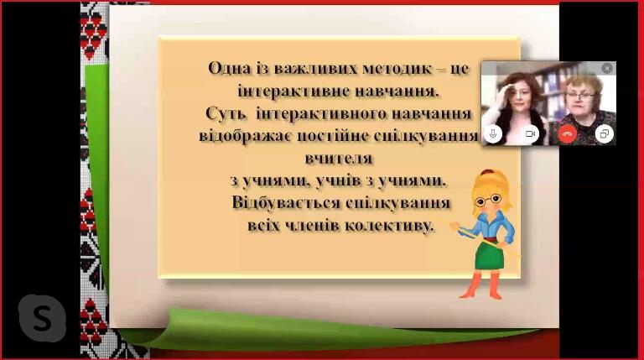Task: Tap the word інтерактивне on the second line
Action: pyautogui.click(x=293, y=91)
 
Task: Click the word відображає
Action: pyautogui.click(x=246, y=136)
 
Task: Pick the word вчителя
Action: pyautogui.click(x=339, y=159)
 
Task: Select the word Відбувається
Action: pyautogui.click(x=286, y=202)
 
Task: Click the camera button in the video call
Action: pyautogui.click(x=530, y=134)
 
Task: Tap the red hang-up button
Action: pyautogui.click(x=567, y=134)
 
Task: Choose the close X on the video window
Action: pyautogui.click(x=607, y=69)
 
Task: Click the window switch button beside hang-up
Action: pyautogui.click(x=604, y=134)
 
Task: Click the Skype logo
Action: pyautogui.click(x=42, y=318)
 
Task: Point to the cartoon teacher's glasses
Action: pyautogui.click(x=488, y=201)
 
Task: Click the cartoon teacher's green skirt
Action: pyautogui.click(x=490, y=255)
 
